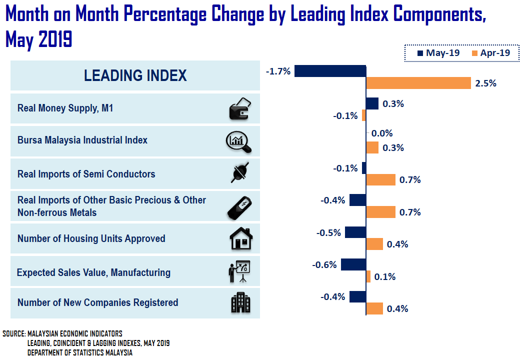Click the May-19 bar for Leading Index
tap(330, 70)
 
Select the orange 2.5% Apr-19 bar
tap(418, 83)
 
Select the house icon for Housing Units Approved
tap(240, 238)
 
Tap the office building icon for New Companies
tap(240, 302)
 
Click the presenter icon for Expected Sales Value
tap(239, 272)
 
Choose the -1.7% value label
tap(278, 71)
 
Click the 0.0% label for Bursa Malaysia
tap(382, 133)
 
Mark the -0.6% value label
tap(324, 265)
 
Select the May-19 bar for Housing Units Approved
tap(355, 232)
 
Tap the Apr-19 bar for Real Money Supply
tap(364, 115)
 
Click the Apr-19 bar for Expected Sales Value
tap(368, 276)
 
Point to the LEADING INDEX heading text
tap(135, 75)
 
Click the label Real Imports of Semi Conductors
tap(86, 174)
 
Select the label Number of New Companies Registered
tap(97, 302)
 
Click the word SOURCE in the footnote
tap(13, 333)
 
